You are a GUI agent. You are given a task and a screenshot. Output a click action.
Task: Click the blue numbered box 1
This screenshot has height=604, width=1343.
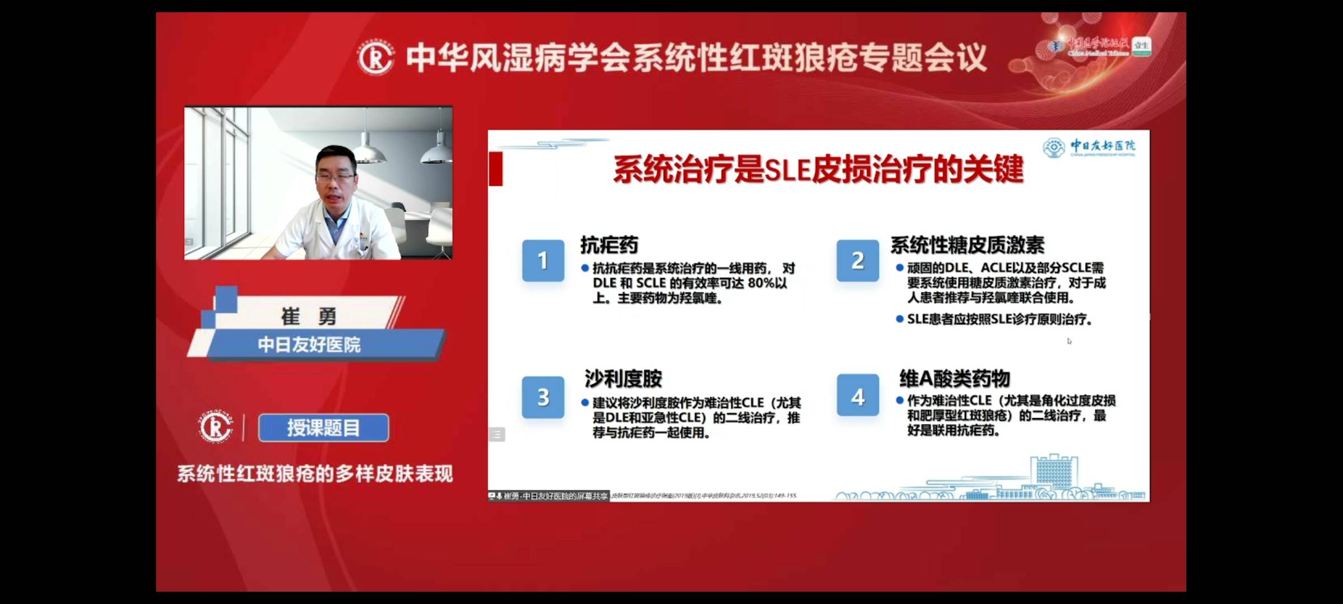tap(543, 260)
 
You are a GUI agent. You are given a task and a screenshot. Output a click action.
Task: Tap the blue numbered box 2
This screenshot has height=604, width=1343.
tap(857, 260)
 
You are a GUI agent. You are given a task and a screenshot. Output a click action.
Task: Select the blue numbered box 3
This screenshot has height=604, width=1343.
tap(543, 397)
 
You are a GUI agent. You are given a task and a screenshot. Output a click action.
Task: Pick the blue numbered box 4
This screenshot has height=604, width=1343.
tap(857, 397)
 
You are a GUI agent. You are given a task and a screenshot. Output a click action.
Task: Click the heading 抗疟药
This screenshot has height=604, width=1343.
tap(609, 245)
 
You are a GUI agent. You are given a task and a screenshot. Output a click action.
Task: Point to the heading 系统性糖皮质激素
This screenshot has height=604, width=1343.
tap(967, 245)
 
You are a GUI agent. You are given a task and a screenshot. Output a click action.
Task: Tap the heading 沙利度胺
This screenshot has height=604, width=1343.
tap(623, 379)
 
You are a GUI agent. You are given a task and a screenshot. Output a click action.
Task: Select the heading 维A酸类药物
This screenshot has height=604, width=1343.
tap(954, 379)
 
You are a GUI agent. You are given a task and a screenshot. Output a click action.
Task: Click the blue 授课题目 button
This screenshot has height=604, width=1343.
tap(323, 428)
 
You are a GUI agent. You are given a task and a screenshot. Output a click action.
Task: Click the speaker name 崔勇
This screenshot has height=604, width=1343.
tap(308, 317)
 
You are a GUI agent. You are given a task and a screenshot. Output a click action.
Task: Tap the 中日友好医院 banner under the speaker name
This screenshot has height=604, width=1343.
tap(309, 345)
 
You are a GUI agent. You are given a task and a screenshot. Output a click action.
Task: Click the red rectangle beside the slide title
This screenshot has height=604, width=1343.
tap(495, 168)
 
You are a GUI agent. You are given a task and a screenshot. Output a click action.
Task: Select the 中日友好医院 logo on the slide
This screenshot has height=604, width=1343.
tap(1089, 148)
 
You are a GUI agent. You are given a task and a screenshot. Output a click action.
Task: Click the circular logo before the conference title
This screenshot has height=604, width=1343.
tap(375, 58)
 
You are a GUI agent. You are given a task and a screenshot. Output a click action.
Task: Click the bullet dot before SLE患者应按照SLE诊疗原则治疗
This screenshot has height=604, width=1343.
tap(899, 319)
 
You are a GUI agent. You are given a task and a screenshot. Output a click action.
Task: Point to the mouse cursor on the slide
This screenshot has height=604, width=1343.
tap(1069, 341)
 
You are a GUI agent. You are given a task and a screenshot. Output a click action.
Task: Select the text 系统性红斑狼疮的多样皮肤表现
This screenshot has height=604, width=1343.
tap(315, 474)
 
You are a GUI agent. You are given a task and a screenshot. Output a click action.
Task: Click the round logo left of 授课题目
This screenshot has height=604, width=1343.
tap(215, 427)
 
